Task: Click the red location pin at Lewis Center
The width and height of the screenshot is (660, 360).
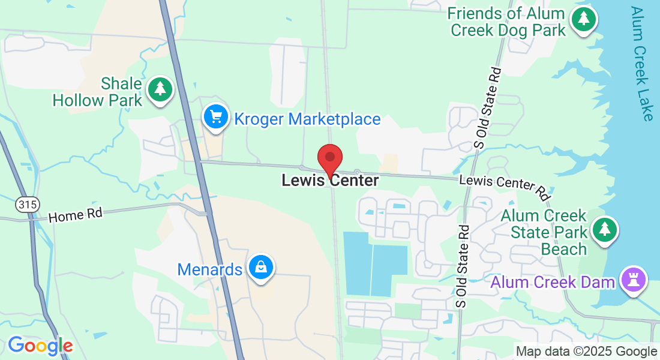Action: click(x=329, y=158)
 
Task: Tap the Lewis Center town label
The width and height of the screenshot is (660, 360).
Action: click(x=330, y=180)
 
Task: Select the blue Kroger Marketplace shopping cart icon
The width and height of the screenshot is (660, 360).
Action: click(x=216, y=116)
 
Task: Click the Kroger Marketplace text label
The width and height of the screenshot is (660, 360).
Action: click(x=307, y=119)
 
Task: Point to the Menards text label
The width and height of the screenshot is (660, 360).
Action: click(x=210, y=269)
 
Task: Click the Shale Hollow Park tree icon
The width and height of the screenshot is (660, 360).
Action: click(x=160, y=89)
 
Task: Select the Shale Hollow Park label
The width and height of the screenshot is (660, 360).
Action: click(x=98, y=92)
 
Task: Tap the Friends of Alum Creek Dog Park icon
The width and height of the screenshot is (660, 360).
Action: click(x=583, y=19)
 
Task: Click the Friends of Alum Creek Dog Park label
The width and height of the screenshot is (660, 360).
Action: click(x=507, y=22)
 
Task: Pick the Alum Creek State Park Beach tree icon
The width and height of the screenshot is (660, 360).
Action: click(x=605, y=229)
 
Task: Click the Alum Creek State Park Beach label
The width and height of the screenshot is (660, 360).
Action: click(x=544, y=232)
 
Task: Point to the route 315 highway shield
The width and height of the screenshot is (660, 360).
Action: click(x=27, y=205)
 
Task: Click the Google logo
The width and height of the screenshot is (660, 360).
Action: click(x=40, y=346)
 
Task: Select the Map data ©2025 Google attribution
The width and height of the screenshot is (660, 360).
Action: click(x=587, y=352)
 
